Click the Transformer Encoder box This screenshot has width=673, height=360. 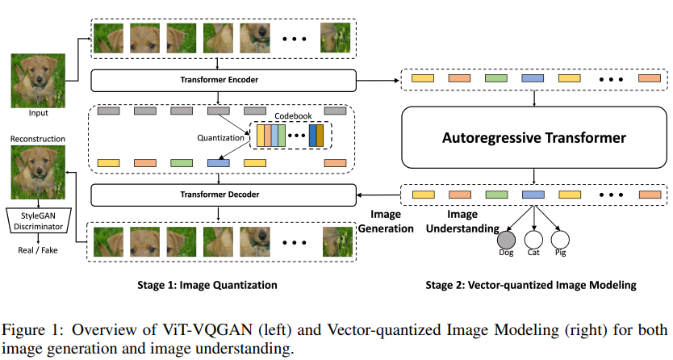pyautogui.click(x=224, y=80)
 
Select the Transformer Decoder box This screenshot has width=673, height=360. pyautogui.click(x=224, y=195)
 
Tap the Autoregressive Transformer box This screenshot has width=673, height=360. pyautogui.click(x=534, y=137)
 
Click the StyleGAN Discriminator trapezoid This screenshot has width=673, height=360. pyautogui.click(x=38, y=221)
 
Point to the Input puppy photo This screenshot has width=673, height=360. pyautogui.click(x=38, y=81)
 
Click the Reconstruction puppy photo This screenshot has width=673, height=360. pyautogui.click(x=38, y=172)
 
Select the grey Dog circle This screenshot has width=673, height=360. pyautogui.click(x=506, y=240)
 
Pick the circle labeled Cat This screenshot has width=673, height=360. pyautogui.click(x=533, y=240)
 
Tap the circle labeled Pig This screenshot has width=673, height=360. pyautogui.click(x=560, y=240)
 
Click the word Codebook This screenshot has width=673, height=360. pyautogui.click(x=293, y=116)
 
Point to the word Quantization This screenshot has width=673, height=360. pyautogui.click(x=220, y=138)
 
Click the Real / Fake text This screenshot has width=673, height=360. pyautogui.click(x=38, y=250)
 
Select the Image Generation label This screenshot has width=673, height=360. pyautogui.click(x=386, y=221)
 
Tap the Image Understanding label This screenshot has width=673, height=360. pyautogui.click(x=462, y=221)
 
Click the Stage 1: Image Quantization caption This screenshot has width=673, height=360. pyautogui.click(x=207, y=286)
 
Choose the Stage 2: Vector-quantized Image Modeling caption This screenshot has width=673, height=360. pyautogui.click(x=531, y=286)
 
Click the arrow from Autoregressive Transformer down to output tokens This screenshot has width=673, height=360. pyautogui.click(x=534, y=176)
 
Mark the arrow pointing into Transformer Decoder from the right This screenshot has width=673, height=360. pyautogui.click(x=378, y=195)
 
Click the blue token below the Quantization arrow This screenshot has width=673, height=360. pyautogui.click(x=219, y=163)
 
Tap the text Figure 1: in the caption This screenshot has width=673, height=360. pyautogui.click(x=30, y=330)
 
